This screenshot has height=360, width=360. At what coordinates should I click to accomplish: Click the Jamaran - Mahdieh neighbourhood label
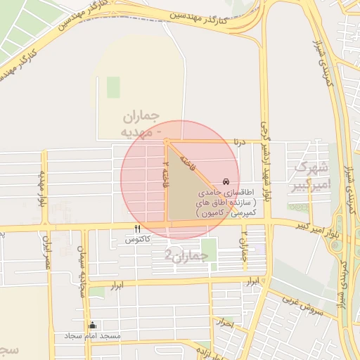click(141, 124)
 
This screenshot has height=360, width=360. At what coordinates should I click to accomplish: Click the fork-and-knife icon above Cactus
click(137, 229)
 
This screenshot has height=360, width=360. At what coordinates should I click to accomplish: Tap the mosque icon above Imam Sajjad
click(92, 326)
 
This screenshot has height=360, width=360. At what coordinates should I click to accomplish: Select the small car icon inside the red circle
click(225, 181)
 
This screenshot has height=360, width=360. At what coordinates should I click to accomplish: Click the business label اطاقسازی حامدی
click(220, 191)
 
